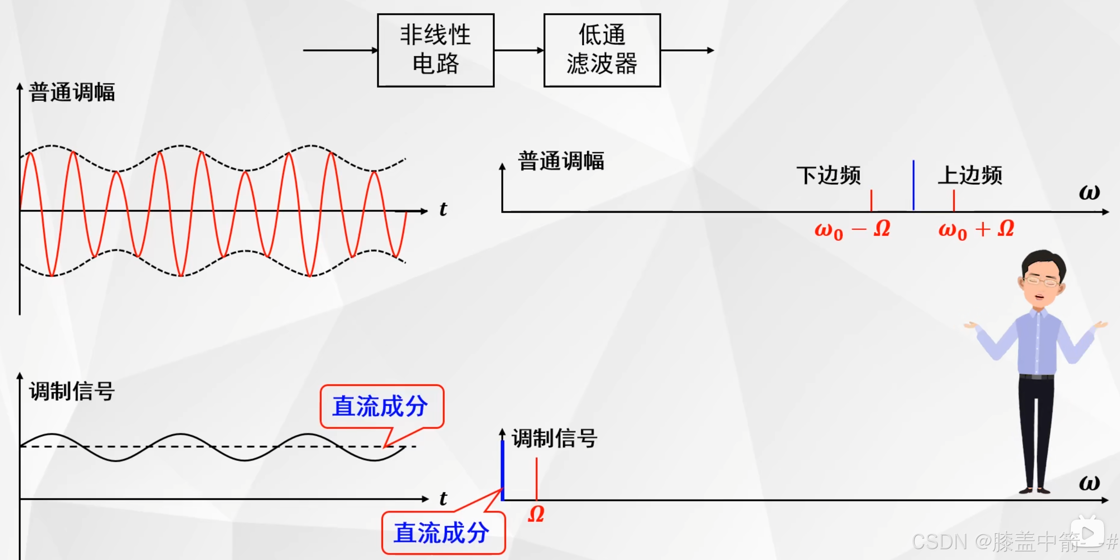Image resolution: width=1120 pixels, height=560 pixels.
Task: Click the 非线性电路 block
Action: (x=436, y=50)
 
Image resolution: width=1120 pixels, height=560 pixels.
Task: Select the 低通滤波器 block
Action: (x=602, y=50)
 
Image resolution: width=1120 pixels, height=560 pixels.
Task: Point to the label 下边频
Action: (x=828, y=176)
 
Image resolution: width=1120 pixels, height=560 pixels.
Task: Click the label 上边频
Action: (x=970, y=176)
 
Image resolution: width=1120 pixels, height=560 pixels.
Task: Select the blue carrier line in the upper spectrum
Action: (x=913, y=185)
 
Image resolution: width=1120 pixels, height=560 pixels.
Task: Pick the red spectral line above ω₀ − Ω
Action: (x=871, y=200)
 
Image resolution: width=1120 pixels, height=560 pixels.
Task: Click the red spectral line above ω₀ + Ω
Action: (x=954, y=200)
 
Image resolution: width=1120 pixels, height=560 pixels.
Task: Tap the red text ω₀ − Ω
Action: (x=852, y=230)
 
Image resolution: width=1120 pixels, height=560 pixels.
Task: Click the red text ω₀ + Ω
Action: (x=976, y=230)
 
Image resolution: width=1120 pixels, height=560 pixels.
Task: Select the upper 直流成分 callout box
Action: (x=381, y=406)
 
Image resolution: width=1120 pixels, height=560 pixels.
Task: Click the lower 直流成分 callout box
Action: (x=442, y=532)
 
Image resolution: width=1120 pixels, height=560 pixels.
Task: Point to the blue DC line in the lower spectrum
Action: (x=503, y=470)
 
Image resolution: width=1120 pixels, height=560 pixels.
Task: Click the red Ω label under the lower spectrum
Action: (x=536, y=514)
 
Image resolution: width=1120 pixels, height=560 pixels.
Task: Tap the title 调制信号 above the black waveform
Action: (x=72, y=391)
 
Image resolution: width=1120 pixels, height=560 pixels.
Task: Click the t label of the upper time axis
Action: (x=443, y=209)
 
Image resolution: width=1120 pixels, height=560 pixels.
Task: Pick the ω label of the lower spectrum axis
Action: (x=1089, y=483)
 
